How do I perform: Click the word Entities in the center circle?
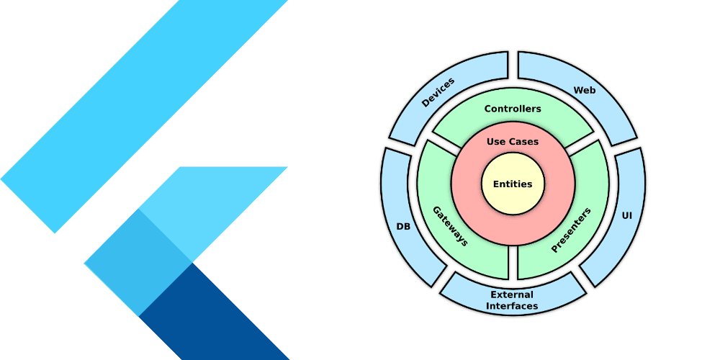513,184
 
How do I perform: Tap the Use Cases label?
513,142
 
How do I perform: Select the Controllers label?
513,109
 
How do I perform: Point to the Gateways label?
450,226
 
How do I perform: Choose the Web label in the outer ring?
584,90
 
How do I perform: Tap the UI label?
626,215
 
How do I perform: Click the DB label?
403,226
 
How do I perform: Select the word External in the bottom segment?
512,294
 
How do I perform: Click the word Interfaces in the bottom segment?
512,306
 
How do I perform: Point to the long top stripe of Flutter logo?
144,115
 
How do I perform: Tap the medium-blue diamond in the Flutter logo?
137,263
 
